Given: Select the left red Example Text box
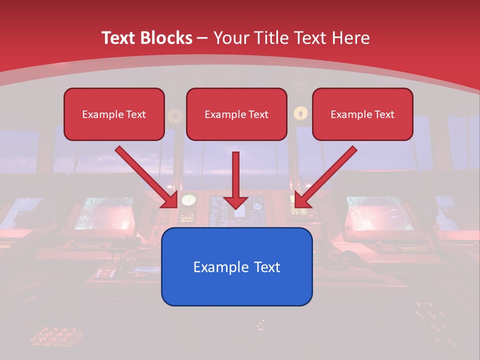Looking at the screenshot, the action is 114,114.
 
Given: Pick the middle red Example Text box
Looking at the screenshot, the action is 236,114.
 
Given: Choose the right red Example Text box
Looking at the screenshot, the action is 362,114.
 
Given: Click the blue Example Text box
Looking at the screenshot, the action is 236,266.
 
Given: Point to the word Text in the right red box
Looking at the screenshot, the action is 384,114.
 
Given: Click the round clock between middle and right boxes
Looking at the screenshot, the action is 300,113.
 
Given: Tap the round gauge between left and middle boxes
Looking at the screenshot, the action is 175,115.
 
